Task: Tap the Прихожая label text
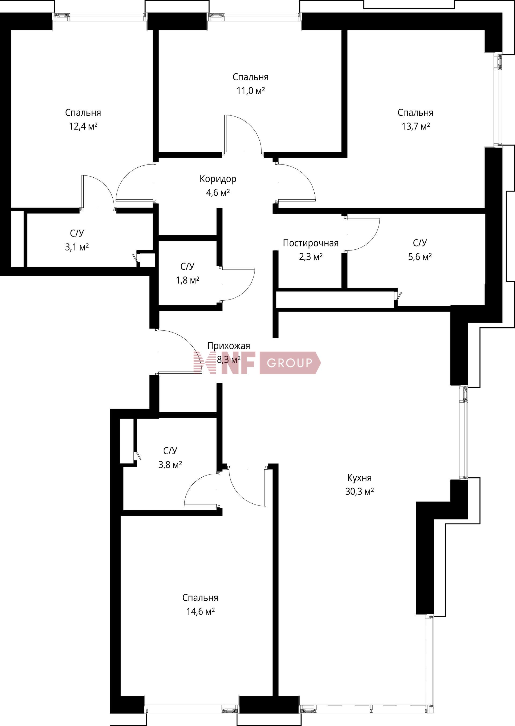pos(229,346)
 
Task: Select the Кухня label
pos(359,478)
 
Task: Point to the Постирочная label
pos(311,243)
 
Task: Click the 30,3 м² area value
pos(359,492)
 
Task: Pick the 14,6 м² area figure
pos(200,611)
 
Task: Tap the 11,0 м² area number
pos(251,91)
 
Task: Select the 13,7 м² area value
pos(416,126)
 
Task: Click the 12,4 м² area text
pos(83,126)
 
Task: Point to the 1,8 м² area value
pos(187,280)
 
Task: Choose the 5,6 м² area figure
pos(420,257)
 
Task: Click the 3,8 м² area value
pos(170,465)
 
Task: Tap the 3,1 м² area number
pos(77,247)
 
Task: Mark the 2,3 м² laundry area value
pos(311,257)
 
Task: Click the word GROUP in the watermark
pos(289,363)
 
